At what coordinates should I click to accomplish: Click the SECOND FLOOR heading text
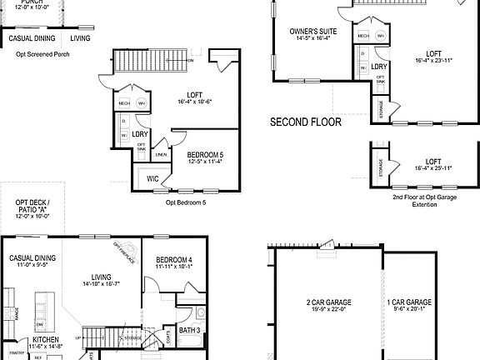point(306,122)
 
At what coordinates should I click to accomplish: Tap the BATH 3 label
point(189,332)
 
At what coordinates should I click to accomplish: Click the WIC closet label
point(152,178)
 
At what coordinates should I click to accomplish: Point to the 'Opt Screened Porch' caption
point(37,54)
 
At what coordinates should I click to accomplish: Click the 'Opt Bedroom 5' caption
point(185,202)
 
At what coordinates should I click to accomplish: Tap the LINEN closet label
point(161,154)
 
